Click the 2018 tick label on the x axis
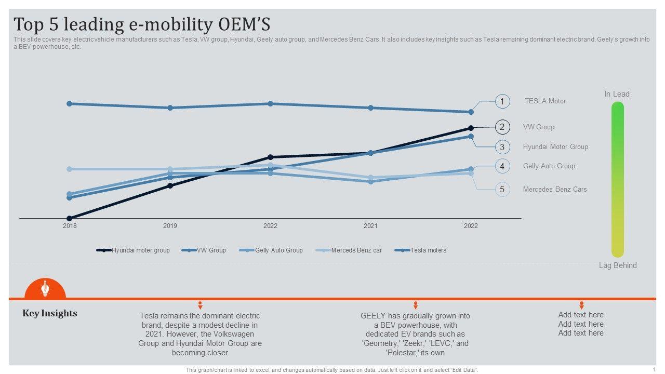point(70,226)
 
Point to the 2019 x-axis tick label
point(170,226)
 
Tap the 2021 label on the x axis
point(370,226)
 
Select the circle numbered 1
point(502,101)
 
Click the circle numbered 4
point(502,166)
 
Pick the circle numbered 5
point(502,189)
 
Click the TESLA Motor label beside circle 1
point(545,101)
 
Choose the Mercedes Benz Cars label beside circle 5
point(554,190)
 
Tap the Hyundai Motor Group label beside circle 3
point(555,147)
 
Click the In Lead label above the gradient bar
point(617,94)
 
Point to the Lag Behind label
point(618,265)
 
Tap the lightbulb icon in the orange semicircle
point(45,288)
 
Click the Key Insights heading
point(50,313)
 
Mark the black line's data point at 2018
point(70,218)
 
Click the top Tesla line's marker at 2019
point(170,108)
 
